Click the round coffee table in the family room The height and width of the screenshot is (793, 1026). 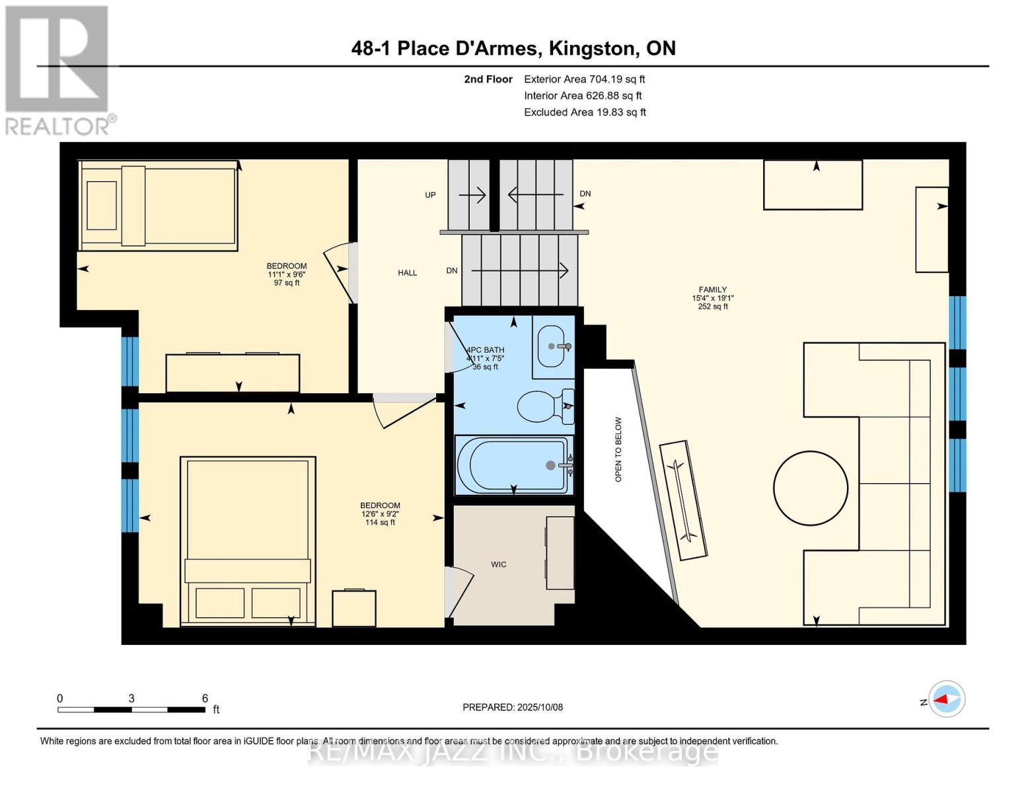click(x=810, y=488)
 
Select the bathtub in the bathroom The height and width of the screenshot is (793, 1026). click(x=512, y=465)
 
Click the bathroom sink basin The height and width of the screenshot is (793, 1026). click(x=552, y=346)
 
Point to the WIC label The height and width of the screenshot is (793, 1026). click(x=499, y=564)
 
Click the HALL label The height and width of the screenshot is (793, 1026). click(x=408, y=272)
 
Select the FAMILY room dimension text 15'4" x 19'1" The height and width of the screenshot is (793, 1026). click(x=713, y=298)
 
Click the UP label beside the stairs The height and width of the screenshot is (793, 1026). click(x=430, y=195)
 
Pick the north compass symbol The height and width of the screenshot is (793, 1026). click(x=947, y=699)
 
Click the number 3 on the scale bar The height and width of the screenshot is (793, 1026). click(x=131, y=699)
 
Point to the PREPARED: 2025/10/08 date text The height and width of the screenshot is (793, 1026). click(x=513, y=707)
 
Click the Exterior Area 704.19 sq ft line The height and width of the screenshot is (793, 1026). click(x=584, y=79)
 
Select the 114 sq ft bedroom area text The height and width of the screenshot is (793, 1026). click(x=380, y=522)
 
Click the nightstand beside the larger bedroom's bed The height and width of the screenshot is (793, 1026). click(x=353, y=608)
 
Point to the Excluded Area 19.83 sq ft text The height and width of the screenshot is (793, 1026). click(x=585, y=112)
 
